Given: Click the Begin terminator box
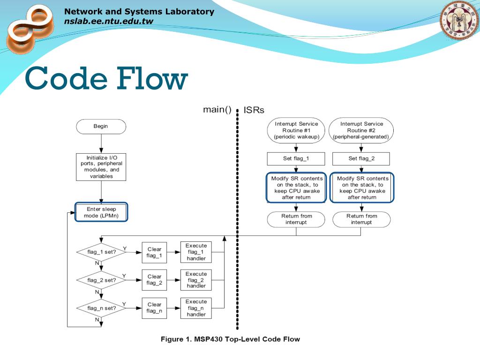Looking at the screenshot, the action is (x=101, y=127).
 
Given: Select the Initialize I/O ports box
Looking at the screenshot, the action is (x=101, y=167).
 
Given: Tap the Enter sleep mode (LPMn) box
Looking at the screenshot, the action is (x=101, y=212).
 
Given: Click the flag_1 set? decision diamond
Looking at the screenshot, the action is (x=101, y=252).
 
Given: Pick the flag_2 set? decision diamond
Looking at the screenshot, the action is (x=101, y=280).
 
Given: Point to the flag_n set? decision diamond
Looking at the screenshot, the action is (x=101, y=308).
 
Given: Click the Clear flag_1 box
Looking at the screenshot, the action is (x=154, y=253).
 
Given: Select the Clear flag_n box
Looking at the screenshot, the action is (x=154, y=308).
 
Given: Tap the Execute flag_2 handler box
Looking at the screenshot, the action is (x=196, y=280).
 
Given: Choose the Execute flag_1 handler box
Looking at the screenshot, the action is (x=196, y=252).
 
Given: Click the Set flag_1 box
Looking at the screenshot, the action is (x=296, y=158).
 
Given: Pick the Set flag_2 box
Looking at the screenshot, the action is (x=361, y=158).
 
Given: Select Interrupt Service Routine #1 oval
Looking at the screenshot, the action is (x=296, y=130).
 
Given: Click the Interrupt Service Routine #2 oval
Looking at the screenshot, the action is (x=361, y=130).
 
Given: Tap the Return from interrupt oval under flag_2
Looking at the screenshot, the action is (x=361, y=219).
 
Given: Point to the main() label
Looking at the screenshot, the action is (x=217, y=110).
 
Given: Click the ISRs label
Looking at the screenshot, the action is (x=254, y=110).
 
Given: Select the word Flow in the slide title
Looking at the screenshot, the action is (x=152, y=79).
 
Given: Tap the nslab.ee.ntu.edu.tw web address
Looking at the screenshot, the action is (x=109, y=21).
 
